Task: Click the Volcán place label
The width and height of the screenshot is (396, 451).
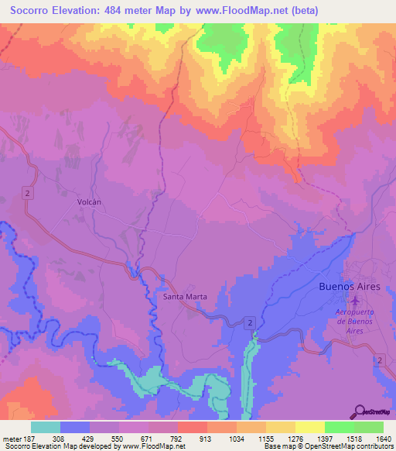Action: (x=90, y=201)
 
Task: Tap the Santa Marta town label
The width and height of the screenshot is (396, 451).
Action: (x=184, y=296)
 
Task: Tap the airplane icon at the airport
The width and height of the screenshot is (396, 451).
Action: (x=355, y=301)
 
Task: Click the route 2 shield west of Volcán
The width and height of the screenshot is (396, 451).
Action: (x=27, y=193)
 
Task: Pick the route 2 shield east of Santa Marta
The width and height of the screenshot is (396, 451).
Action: (x=251, y=321)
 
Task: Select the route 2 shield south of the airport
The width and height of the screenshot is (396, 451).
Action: (x=380, y=360)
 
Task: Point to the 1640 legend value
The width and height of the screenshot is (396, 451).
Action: (x=384, y=439)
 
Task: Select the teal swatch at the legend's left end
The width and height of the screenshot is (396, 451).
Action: (x=46, y=427)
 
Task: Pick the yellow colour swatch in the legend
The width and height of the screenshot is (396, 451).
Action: (x=309, y=427)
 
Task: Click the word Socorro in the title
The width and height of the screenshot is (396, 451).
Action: (x=33, y=10)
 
